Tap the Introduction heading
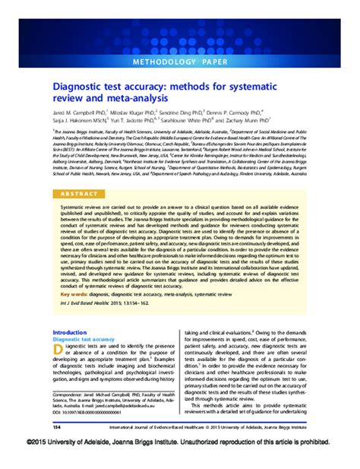[71, 333]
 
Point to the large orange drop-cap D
[58, 352]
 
